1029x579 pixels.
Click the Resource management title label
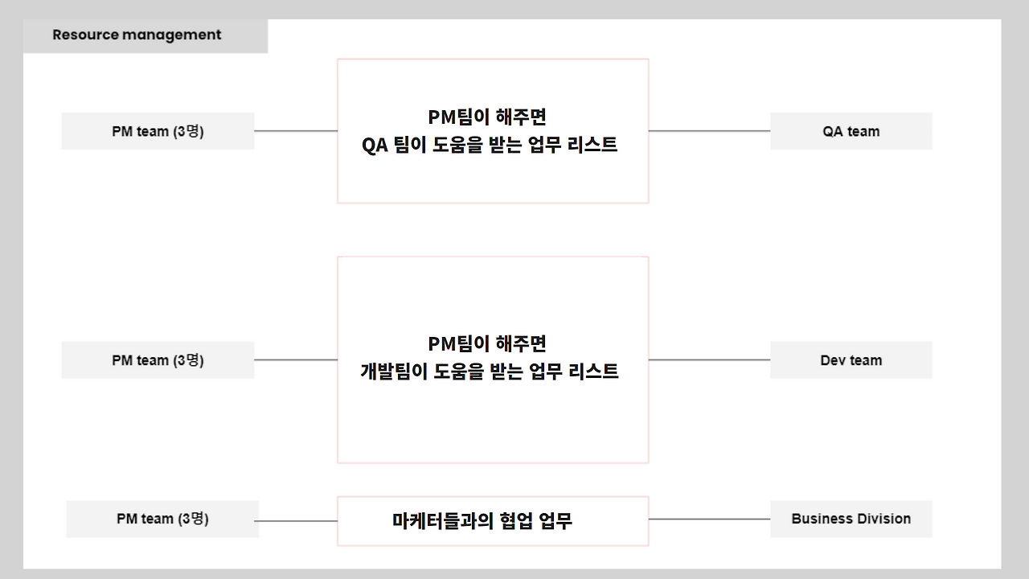(x=137, y=35)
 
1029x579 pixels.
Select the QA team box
(x=851, y=131)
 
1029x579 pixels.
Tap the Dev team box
(x=851, y=360)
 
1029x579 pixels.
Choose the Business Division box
(x=851, y=519)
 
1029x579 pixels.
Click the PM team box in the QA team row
(x=158, y=131)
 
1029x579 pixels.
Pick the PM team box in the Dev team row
(x=158, y=360)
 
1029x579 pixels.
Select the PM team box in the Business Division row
(x=162, y=519)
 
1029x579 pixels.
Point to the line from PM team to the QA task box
(x=295, y=131)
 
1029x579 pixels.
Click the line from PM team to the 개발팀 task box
(x=295, y=360)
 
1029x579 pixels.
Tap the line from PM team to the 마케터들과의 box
(x=297, y=521)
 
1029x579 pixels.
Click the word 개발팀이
(x=394, y=372)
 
